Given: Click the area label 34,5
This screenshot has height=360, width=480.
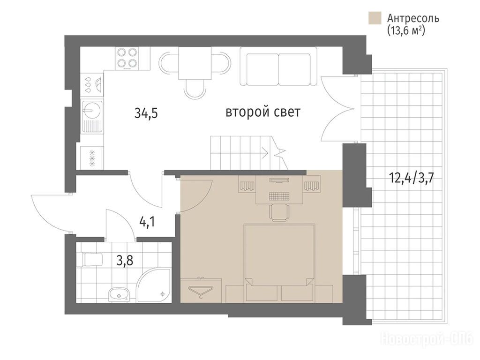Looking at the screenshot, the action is pos(146,113).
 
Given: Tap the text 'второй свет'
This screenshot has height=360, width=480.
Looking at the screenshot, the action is pos(263,112).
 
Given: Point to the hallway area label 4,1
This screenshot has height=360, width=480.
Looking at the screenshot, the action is pos(147,221).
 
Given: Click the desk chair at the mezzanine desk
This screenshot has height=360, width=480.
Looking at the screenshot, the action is pos(279,212).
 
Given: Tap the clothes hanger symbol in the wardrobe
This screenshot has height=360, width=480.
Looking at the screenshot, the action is pos(201,290).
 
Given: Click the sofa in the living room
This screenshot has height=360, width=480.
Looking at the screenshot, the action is pos(278,66).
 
